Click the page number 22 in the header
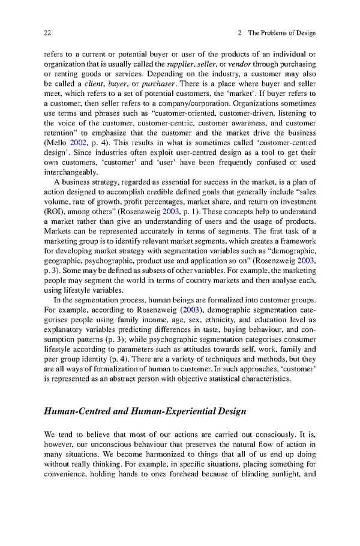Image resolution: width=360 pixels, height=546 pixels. [48, 32]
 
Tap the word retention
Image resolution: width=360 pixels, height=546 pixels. [63, 132]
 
